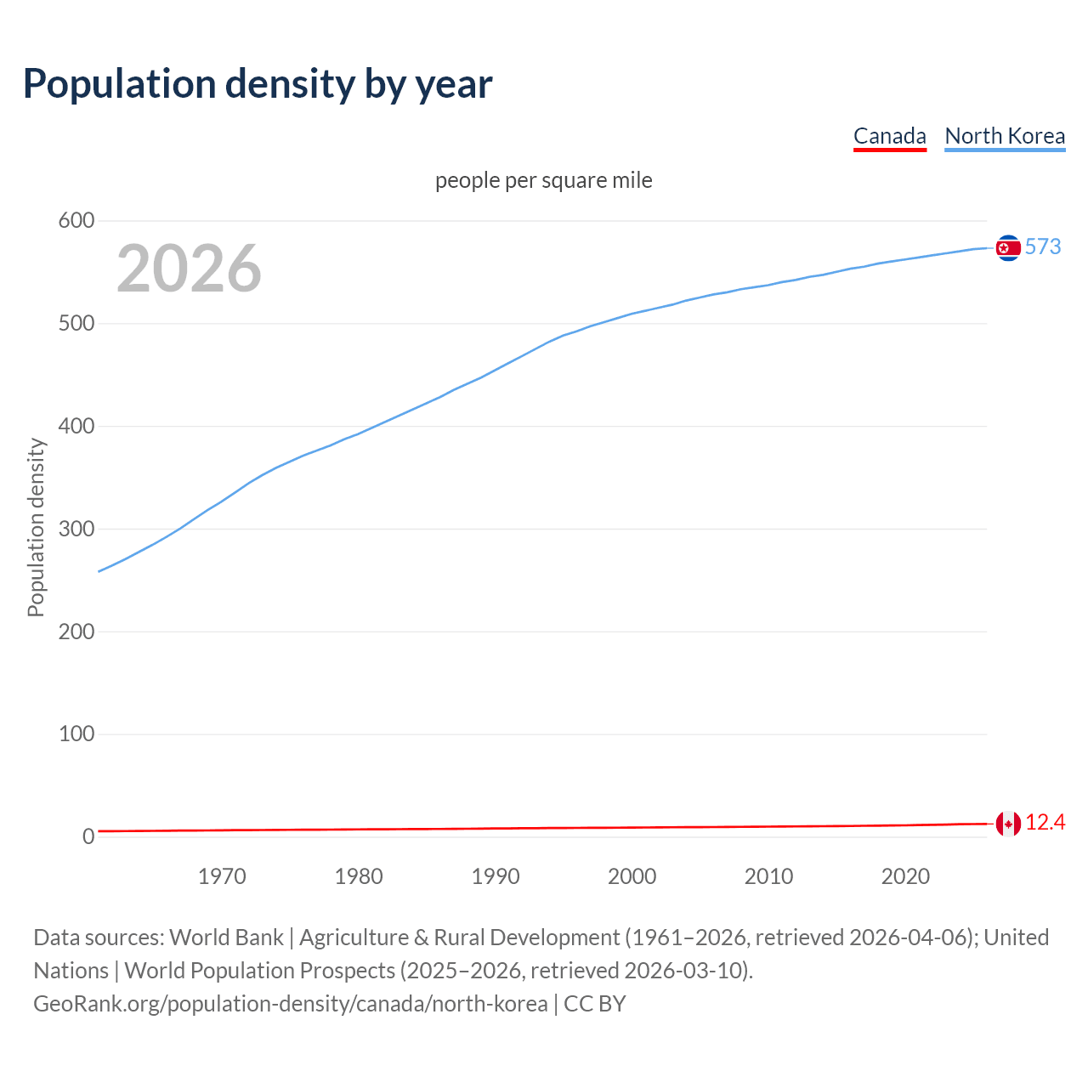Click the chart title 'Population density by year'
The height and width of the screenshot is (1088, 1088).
tap(258, 83)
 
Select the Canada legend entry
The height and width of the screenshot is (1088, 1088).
tap(889, 136)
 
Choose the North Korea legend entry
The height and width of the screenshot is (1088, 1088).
tap(1005, 136)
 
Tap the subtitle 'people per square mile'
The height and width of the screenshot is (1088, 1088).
tap(544, 180)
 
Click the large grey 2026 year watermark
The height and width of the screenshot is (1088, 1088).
tap(189, 269)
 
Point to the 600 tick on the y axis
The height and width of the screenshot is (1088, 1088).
tap(76, 221)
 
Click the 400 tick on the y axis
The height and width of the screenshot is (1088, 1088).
tap(76, 426)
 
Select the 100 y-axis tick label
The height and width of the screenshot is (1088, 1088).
tap(76, 734)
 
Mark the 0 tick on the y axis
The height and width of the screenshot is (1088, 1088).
tap(88, 836)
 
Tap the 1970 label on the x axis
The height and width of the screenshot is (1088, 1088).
tap(222, 876)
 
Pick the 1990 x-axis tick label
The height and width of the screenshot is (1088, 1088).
tap(496, 876)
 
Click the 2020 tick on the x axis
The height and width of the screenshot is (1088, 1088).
tap(905, 876)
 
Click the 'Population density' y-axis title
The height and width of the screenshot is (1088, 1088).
tap(36, 527)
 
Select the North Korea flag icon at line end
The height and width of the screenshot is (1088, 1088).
tap(1008, 247)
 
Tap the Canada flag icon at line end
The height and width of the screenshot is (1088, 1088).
tap(1008, 824)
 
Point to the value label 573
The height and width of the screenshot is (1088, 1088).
tap(1043, 246)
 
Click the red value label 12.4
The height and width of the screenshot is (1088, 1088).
tap(1045, 823)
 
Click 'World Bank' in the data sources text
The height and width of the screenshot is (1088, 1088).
tap(226, 938)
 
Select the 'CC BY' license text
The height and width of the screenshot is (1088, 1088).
tap(595, 1004)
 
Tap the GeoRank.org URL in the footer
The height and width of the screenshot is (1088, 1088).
tap(290, 1004)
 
